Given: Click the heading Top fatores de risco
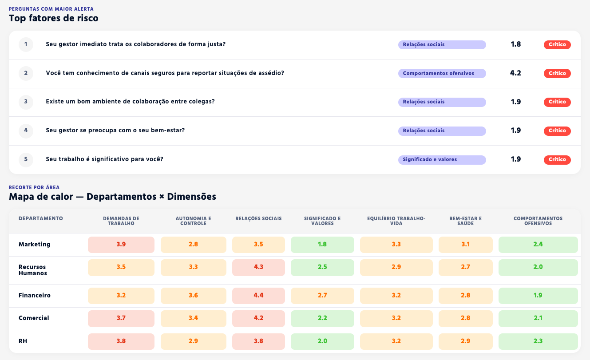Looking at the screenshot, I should [54, 18].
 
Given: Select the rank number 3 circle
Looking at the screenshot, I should [26, 102].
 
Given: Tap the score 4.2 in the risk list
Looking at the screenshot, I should [515, 73].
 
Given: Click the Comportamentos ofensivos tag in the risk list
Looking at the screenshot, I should [442, 73].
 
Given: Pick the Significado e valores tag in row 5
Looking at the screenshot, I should [442, 159].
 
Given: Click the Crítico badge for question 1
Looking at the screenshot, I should [557, 44].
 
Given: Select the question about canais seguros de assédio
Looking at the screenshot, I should [165, 73].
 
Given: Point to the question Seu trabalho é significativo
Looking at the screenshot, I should [104, 159].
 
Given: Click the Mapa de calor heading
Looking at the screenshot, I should [112, 197].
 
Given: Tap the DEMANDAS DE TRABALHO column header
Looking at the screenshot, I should [121, 221].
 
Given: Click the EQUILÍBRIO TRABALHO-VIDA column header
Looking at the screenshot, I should [396, 221].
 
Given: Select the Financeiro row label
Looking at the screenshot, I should [35, 295].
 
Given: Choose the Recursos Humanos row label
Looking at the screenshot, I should [33, 270].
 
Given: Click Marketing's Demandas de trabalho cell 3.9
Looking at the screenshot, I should [121, 245].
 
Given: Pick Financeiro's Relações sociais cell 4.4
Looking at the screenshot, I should [258, 296].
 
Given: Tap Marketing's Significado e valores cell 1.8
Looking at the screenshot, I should [322, 245].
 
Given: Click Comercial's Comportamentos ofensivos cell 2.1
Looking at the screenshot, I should [538, 318].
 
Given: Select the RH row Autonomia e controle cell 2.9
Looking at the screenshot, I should [193, 341].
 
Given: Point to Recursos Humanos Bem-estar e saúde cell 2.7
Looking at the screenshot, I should [465, 267].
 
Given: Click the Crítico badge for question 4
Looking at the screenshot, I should [557, 131].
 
